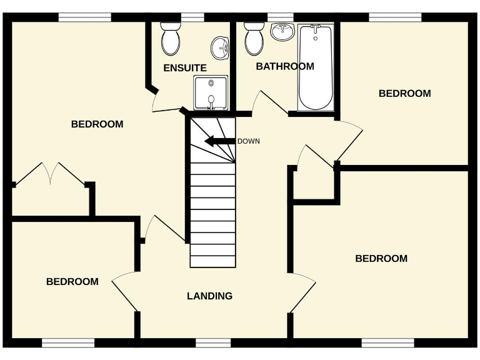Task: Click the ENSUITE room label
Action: tap(185, 67)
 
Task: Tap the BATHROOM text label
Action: tap(285, 66)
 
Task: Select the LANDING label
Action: tap(210, 296)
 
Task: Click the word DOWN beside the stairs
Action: tap(248, 141)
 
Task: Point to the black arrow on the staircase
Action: tap(219, 141)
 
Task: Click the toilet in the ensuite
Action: tap(170, 39)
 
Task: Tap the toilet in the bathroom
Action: tap(254, 39)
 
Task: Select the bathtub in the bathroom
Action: tap(316, 67)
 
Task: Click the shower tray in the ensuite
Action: tap(211, 92)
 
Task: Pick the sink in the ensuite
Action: tap(219, 47)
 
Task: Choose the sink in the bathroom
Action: tap(283, 32)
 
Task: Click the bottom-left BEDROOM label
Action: tap(72, 282)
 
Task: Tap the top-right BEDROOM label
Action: tap(405, 94)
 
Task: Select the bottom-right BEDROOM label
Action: tap(381, 259)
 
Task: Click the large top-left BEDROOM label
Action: tap(97, 124)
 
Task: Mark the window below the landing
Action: tap(213, 342)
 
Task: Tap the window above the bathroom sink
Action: tap(281, 17)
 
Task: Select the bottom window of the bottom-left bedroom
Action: tap(68, 342)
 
